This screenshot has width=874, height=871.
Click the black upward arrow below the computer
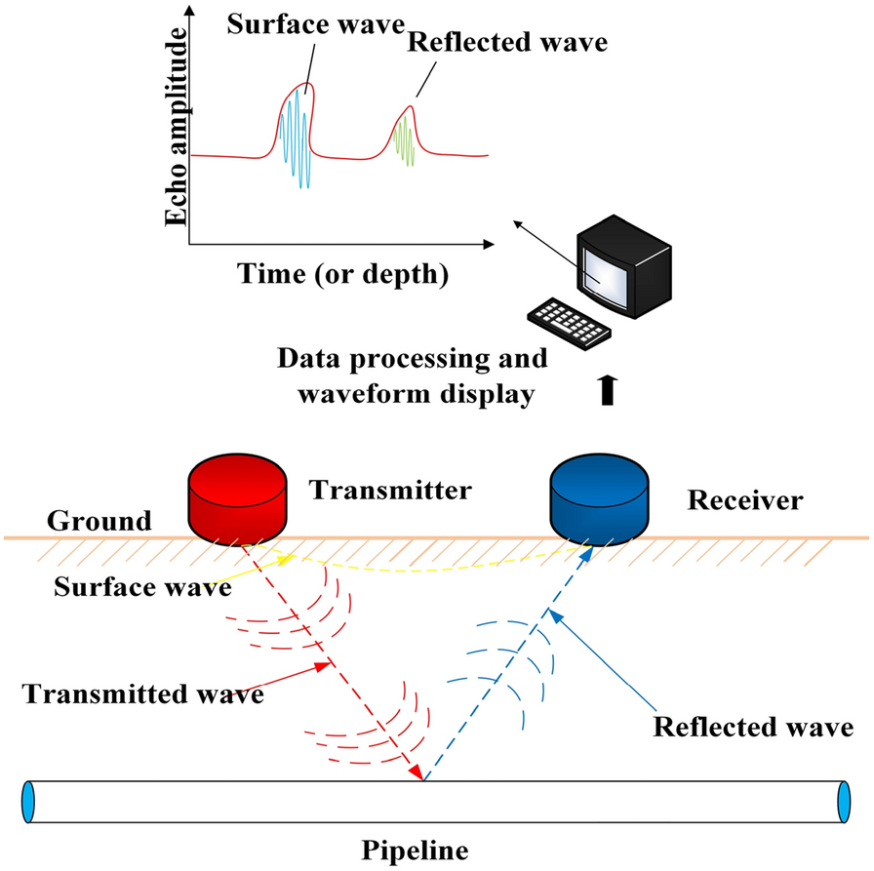point(608,390)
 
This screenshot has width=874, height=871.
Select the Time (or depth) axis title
point(342,276)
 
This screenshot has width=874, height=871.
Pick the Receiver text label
point(745,500)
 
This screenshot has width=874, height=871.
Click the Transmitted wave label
point(144,694)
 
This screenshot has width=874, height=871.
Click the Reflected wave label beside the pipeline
point(753,727)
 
